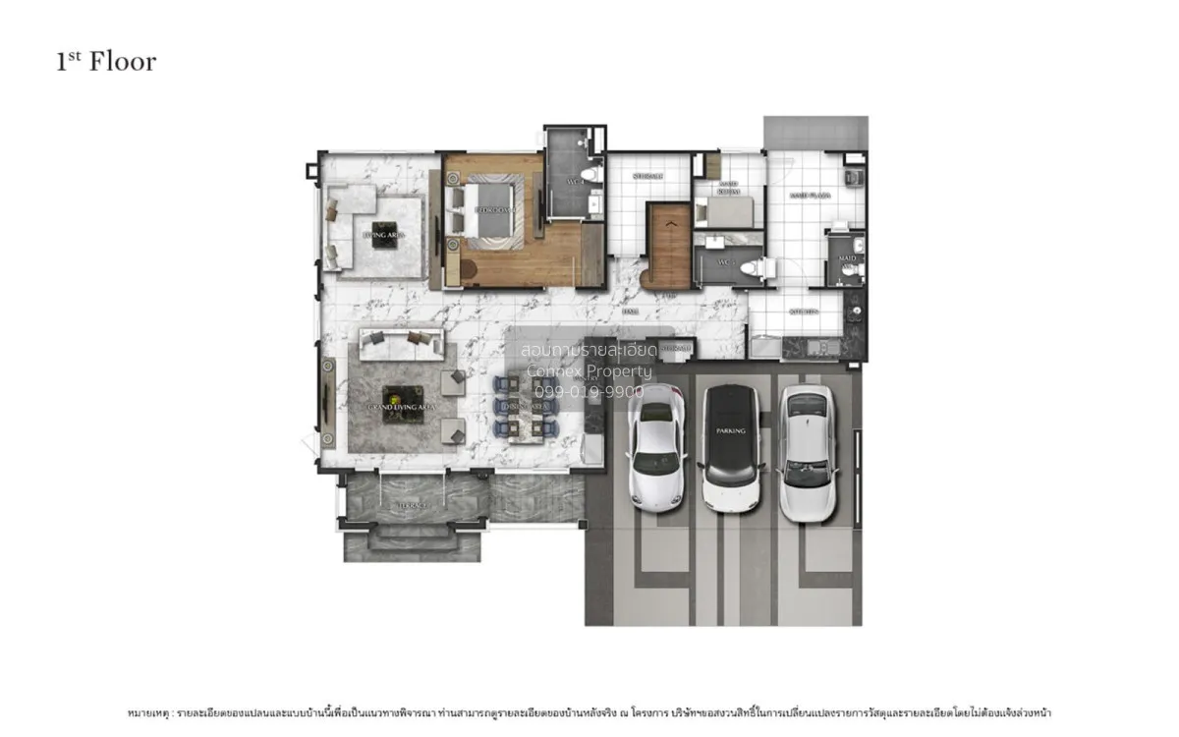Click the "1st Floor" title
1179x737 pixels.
coord(106,62)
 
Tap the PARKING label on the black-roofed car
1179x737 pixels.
coord(731,430)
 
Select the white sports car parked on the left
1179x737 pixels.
coord(655,448)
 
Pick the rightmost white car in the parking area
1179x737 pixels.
coord(808,452)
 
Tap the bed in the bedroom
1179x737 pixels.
coord(482,210)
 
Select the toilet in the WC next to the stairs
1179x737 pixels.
coord(760,265)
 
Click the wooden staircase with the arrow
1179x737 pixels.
coord(670,246)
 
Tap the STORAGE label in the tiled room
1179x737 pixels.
coord(646,177)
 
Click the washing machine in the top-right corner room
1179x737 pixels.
coord(853,178)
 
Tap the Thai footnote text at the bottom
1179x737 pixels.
coord(589,711)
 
